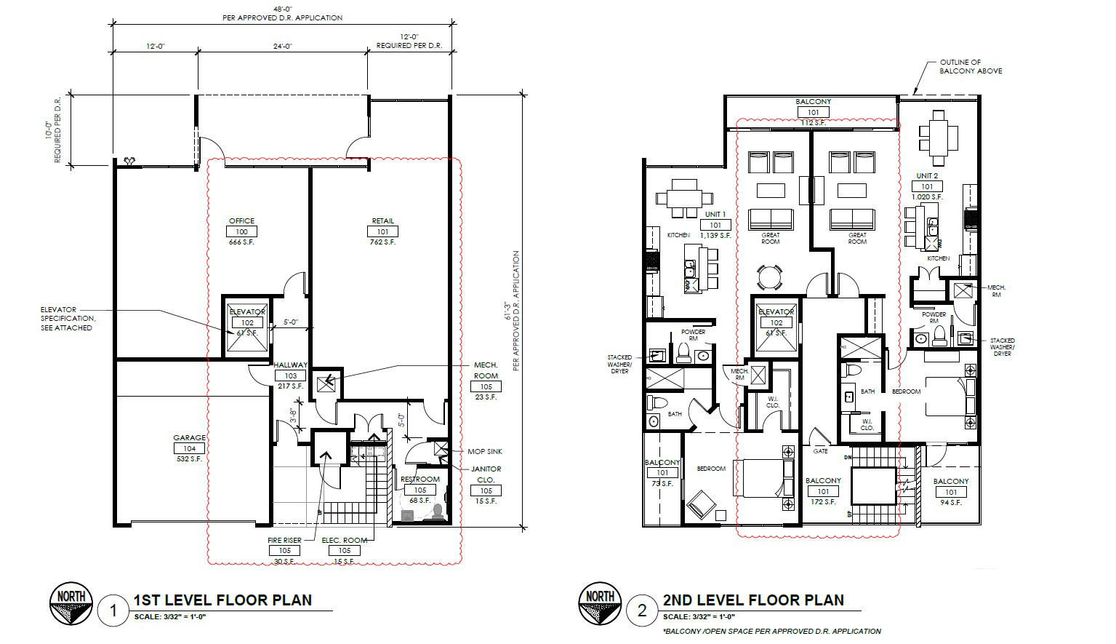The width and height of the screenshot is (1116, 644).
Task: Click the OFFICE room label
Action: pos(241,220)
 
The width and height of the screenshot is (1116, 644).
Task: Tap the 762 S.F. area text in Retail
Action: pos(382,242)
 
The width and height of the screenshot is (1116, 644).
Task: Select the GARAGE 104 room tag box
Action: pos(189,449)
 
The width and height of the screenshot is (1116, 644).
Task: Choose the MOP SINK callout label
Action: pos(486,452)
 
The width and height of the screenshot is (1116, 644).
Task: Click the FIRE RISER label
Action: pos(284,540)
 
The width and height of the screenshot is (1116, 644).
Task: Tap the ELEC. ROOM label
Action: pos(344,540)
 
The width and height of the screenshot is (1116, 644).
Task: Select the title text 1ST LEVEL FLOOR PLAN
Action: pos(222,600)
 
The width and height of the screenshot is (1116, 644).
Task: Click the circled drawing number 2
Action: pos(641,610)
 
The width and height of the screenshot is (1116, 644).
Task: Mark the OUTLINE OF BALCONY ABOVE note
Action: pos(970,66)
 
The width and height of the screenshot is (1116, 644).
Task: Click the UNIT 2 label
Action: pos(927,176)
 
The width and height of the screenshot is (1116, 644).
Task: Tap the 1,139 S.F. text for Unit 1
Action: pos(715,236)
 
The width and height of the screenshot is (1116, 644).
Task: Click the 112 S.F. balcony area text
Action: pos(813,123)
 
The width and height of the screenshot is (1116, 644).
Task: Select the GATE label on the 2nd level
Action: pos(820,451)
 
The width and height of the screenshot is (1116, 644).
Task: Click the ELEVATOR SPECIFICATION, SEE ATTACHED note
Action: pos(67,319)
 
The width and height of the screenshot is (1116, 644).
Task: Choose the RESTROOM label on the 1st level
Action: pos(419,479)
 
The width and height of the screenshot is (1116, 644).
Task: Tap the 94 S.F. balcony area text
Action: pos(951,503)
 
